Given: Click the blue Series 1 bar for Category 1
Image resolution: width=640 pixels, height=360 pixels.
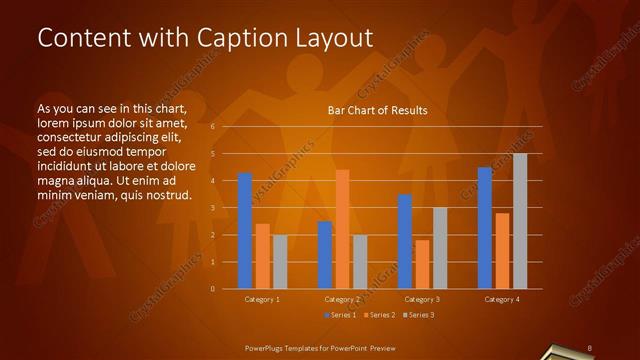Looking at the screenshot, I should pyautogui.click(x=245, y=231).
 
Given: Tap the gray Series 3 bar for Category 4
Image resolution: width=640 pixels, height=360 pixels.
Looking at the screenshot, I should pyautogui.click(x=520, y=221).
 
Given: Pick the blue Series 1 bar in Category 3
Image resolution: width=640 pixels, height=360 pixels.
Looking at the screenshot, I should pyautogui.click(x=405, y=241).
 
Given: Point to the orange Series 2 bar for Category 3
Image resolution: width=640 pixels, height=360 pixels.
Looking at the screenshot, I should pyautogui.click(x=422, y=264).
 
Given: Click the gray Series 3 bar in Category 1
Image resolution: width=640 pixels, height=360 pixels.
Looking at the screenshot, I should pyautogui.click(x=280, y=262).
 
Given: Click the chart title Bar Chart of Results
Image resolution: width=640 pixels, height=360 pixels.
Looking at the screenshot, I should pyautogui.click(x=378, y=110).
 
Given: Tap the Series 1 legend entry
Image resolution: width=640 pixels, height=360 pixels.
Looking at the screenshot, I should pyautogui.click(x=340, y=315).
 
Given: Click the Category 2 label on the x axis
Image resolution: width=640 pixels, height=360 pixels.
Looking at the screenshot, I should pyautogui.click(x=343, y=299).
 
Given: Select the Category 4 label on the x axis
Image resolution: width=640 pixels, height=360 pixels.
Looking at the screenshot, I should pyautogui.click(x=502, y=299).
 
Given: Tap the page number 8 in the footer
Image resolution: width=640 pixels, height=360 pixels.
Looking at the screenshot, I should pyautogui.click(x=590, y=348).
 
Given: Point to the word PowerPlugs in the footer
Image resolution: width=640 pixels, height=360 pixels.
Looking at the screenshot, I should pyautogui.click(x=268, y=348).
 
